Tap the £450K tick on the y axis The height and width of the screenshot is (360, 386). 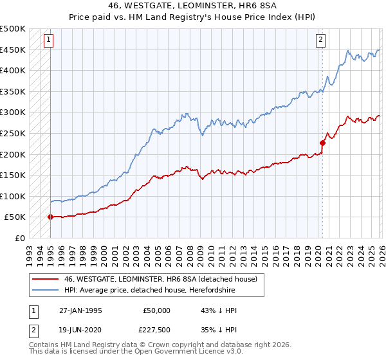point(13,50)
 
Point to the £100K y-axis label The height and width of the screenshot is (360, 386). point(13,196)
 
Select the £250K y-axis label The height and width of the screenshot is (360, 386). point(13,133)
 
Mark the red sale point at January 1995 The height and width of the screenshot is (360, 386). point(50,217)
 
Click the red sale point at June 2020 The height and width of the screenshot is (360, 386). point(323,143)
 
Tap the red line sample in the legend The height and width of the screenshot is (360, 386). point(45,279)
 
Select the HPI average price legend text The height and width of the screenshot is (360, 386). point(149,290)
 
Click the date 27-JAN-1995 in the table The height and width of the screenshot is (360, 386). point(80,310)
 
